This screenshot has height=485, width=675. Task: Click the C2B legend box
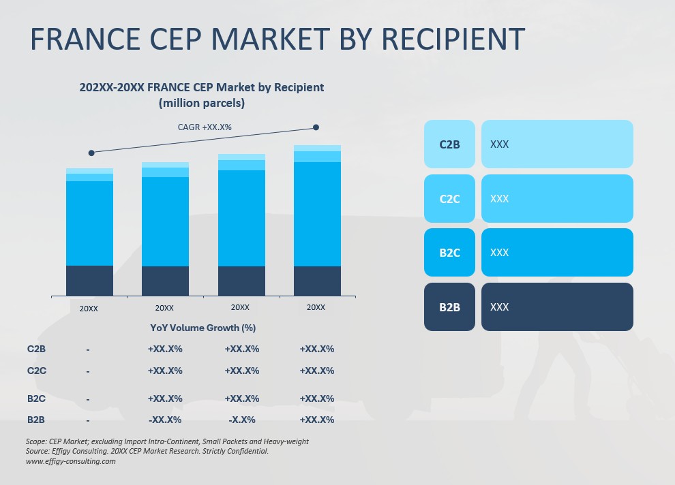click(x=449, y=144)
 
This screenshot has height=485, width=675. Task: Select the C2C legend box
click(x=449, y=199)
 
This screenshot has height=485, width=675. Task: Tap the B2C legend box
click(x=449, y=253)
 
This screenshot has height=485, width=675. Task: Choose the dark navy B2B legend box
click(x=449, y=307)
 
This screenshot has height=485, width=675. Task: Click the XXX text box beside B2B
click(x=557, y=307)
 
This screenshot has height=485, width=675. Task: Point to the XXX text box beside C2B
click(x=557, y=144)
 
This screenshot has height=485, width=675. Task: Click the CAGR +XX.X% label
click(x=205, y=127)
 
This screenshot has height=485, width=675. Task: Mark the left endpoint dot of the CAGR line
click(x=91, y=153)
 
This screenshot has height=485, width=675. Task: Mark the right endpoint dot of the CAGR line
click(x=316, y=127)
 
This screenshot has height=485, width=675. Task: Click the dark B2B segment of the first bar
click(x=89, y=281)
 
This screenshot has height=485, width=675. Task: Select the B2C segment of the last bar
click(x=317, y=214)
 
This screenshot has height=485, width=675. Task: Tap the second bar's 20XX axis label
click(x=164, y=308)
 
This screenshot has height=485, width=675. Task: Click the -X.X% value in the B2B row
click(x=241, y=420)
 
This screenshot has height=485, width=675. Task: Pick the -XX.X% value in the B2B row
click(x=165, y=420)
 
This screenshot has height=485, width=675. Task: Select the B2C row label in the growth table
click(x=36, y=398)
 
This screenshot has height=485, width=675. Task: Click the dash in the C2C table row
click(x=88, y=371)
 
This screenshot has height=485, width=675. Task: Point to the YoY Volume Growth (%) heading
click(x=203, y=328)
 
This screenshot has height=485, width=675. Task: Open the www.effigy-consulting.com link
click(x=71, y=461)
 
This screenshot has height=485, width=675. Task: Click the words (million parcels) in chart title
click(x=202, y=104)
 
